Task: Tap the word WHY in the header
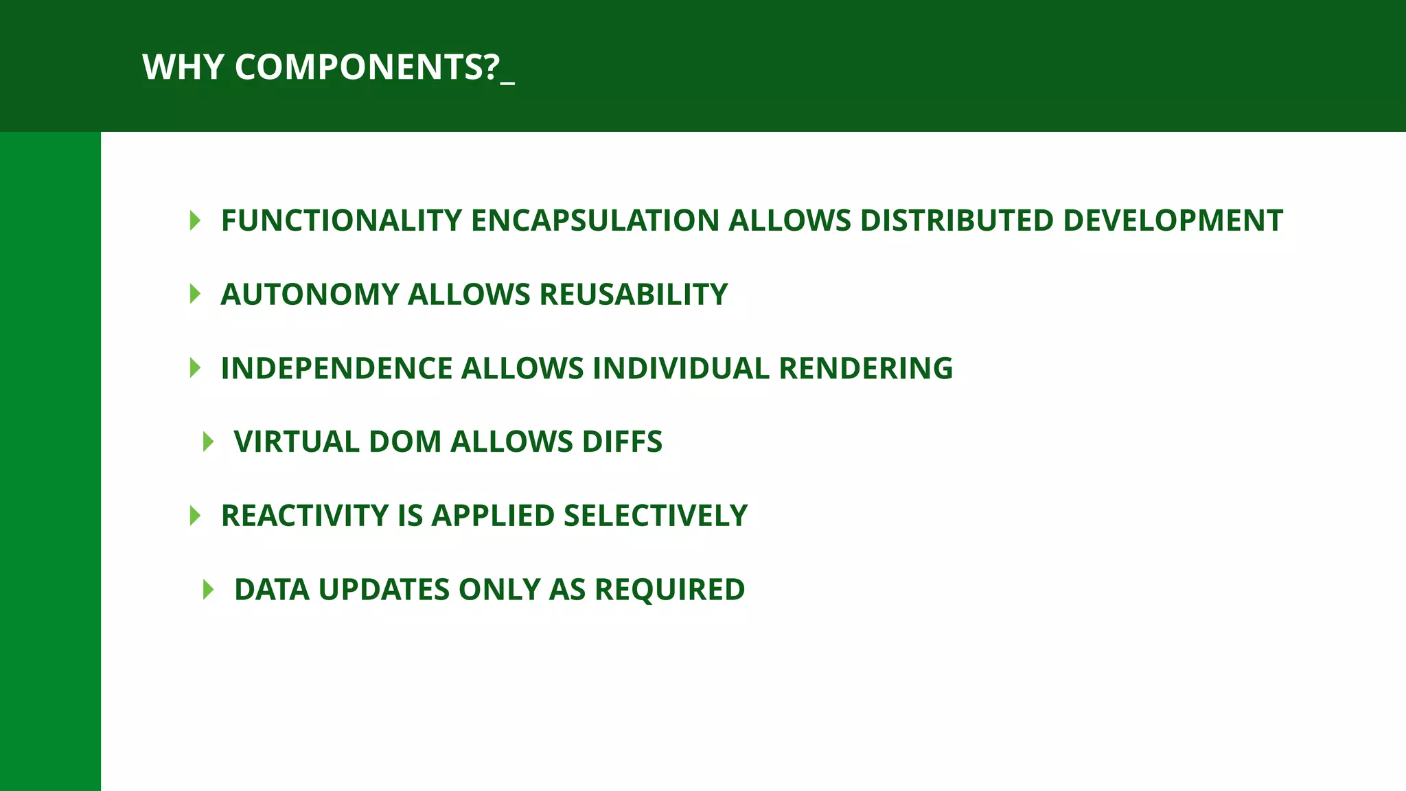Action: click(183, 67)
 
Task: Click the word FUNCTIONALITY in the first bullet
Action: click(341, 220)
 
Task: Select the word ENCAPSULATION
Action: click(595, 220)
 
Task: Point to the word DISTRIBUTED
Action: click(956, 220)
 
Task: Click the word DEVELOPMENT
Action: click(1173, 220)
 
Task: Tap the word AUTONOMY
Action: click(310, 295)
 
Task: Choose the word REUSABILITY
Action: click(633, 295)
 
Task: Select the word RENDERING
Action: click(866, 369)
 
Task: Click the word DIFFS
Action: click(622, 442)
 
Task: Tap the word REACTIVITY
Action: click(304, 516)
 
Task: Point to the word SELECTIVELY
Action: click(655, 516)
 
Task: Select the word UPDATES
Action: click(384, 590)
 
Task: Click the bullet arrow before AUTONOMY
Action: click(195, 295)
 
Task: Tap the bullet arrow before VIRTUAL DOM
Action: click(209, 442)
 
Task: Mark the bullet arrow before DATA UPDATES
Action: click(209, 590)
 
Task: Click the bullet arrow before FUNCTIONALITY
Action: click(195, 220)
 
